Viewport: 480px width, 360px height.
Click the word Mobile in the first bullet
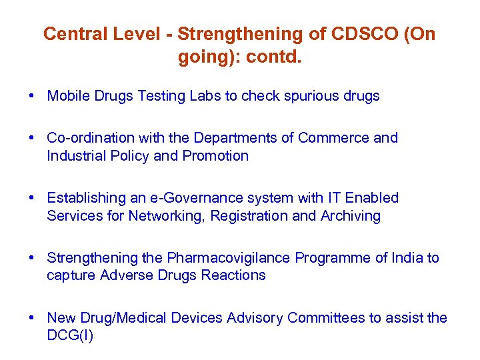67,96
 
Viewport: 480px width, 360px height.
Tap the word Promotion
217,156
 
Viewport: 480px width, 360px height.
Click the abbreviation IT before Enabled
333,198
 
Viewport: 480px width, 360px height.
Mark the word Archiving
351,216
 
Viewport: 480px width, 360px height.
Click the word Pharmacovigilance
229,258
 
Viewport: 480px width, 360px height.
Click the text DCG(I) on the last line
70,336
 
